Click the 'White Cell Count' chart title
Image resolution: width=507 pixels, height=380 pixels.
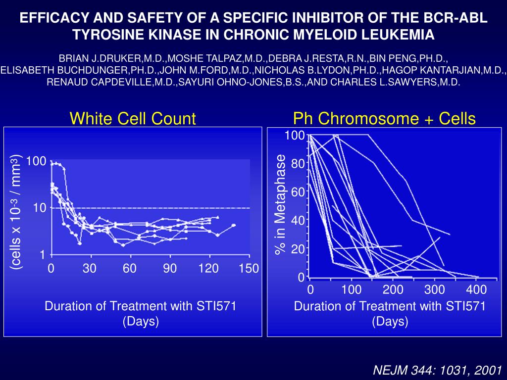pyautogui.click(x=133, y=118)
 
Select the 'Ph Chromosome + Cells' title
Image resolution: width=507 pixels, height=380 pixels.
pyautogui.click(x=384, y=118)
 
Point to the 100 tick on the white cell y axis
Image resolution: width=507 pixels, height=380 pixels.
pyautogui.click(x=37, y=162)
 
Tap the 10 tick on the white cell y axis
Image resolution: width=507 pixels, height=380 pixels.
pyautogui.click(x=40, y=208)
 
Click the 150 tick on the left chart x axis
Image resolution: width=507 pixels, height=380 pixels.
pyautogui.click(x=249, y=269)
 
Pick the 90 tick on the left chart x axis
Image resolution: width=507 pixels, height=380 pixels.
pyautogui.click(x=170, y=269)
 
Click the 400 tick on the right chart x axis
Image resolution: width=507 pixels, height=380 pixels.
pyautogui.click(x=477, y=289)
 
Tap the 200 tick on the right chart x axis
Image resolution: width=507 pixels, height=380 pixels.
pyautogui.click(x=394, y=289)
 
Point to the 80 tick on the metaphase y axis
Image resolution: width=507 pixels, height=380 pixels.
pyautogui.click(x=298, y=164)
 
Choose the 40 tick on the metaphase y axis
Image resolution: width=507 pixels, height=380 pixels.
pyautogui.click(x=298, y=220)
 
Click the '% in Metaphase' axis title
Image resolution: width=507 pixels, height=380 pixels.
pyautogui.click(x=281, y=205)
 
